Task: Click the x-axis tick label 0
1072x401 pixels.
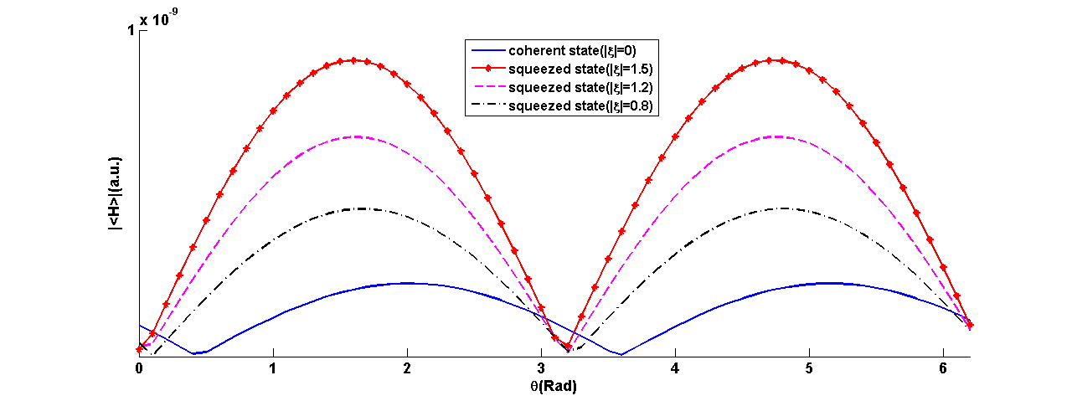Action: tap(139, 368)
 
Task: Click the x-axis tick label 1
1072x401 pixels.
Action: tap(273, 368)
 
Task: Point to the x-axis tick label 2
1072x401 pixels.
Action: tap(407, 368)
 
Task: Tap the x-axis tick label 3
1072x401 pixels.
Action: tap(541, 368)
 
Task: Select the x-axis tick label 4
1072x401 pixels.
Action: tap(675, 368)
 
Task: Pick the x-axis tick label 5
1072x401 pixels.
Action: tap(809, 368)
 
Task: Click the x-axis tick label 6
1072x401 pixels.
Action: tap(943, 368)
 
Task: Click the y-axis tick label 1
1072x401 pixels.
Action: tap(131, 31)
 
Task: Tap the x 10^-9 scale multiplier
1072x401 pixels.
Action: tap(158, 18)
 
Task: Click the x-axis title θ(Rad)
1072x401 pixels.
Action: tap(554, 386)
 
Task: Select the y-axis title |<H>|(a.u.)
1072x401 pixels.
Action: tap(116, 193)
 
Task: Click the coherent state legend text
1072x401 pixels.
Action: tap(572, 51)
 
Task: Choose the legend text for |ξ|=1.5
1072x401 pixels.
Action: tap(580, 69)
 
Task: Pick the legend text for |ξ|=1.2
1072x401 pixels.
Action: tap(580, 88)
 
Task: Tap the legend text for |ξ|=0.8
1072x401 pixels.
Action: tap(580, 105)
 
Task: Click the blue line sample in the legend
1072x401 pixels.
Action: tap(488, 50)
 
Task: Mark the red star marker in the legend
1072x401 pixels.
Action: tap(488, 69)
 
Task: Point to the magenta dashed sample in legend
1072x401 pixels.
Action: tap(488, 86)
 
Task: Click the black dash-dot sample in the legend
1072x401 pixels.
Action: tap(488, 105)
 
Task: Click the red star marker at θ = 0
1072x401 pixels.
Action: tap(139, 350)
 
